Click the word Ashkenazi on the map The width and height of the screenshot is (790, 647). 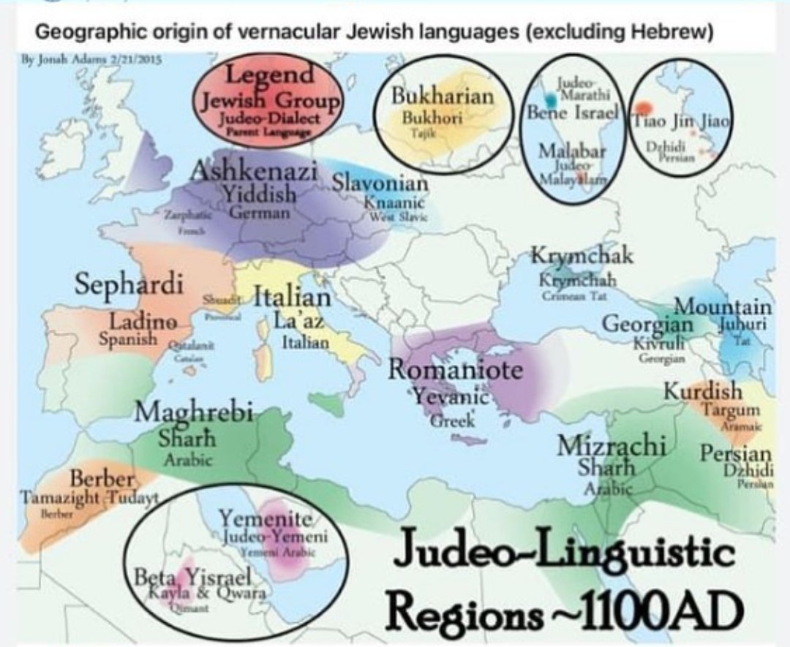254,173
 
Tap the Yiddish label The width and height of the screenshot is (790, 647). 260,195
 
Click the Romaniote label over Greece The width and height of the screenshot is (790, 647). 455,371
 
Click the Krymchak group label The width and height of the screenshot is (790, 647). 582,257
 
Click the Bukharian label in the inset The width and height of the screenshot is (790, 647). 443,97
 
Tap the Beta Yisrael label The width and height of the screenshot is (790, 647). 194,577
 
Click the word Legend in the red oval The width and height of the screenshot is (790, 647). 269,75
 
